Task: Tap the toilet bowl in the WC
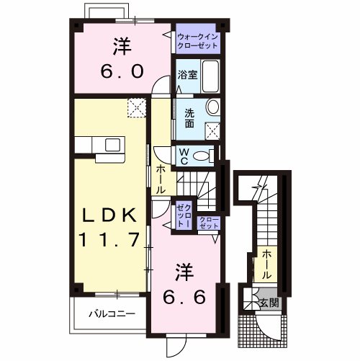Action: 205,156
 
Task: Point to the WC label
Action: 184,156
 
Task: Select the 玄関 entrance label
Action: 269,301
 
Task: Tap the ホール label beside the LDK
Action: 160,178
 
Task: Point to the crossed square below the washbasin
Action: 212,130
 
